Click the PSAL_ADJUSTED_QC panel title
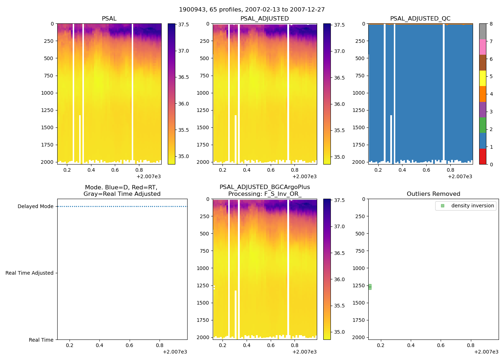420,19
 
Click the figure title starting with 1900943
252,10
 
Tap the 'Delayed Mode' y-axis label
35,207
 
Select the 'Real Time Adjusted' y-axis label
30,273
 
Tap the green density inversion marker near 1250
370,287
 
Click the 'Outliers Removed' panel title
433,194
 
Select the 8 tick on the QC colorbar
491,24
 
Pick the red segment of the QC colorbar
483,157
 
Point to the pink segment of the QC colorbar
483,47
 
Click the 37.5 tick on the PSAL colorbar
184,24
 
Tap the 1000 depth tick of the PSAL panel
47,93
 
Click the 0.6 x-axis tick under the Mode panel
129,346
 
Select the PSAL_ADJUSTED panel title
265,19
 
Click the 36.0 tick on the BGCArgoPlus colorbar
339,280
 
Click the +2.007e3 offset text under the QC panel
460,177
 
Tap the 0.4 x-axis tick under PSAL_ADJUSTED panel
247,170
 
